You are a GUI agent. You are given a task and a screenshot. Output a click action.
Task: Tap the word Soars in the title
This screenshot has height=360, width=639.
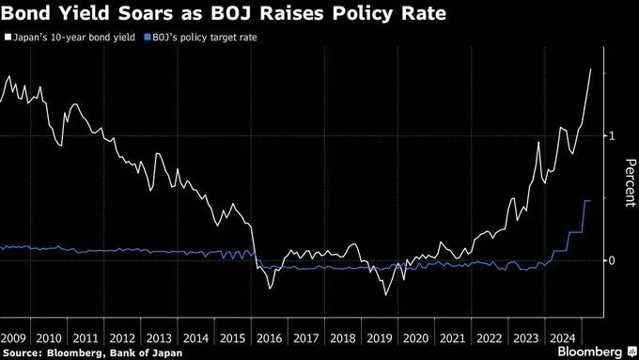pyautogui.click(x=146, y=13)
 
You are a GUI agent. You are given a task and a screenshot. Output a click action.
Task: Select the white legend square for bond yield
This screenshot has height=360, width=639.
pyautogui.click(x=8, y=38)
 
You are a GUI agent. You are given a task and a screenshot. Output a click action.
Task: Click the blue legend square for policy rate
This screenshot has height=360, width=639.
pyautogui.click(x=148, y=38)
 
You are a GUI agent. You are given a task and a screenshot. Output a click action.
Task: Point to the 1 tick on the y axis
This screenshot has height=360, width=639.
pyautogui.click(x=612, y=135)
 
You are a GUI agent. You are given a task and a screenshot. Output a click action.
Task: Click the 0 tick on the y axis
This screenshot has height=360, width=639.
pyautogui.click(x=612, y=260)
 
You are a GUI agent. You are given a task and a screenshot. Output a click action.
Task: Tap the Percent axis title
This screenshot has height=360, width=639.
pyautogui.click(x=630, y=183)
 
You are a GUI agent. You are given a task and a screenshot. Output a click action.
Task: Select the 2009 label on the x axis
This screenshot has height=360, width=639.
pyautogui.click(x=12, y=338)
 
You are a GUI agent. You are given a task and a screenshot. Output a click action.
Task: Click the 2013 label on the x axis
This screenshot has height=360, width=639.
pyautogui.click(x=159, y=338)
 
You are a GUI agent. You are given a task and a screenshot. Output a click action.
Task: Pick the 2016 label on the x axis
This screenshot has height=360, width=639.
pyautogui.click(x=270, y=338)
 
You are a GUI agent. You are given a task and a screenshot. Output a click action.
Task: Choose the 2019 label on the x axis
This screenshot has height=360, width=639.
pyautogui.click(x=380, y=338)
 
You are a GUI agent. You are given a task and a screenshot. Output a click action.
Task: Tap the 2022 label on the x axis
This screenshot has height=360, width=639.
pyautogui.click(x=490, y=338)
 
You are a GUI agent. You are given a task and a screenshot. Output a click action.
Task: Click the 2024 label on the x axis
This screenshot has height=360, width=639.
pyautogui.click(x=563, y=338)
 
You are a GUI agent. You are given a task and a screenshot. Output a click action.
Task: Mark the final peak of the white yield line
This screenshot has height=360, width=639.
pyautogui.click(x=591, y=70)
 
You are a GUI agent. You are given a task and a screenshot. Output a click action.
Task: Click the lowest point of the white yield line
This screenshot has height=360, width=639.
pyautogui.click(x=385, y=295)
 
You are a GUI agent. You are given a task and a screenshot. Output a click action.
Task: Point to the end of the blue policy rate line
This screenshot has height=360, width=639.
pyautogui.click(x=590, y=201)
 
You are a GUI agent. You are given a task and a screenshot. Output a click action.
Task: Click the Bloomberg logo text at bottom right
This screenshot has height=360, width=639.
pyautogui.click(x=590, y=352)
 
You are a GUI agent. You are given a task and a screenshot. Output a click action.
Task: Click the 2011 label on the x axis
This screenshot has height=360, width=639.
pyautogui.click(x=86, y=338)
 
